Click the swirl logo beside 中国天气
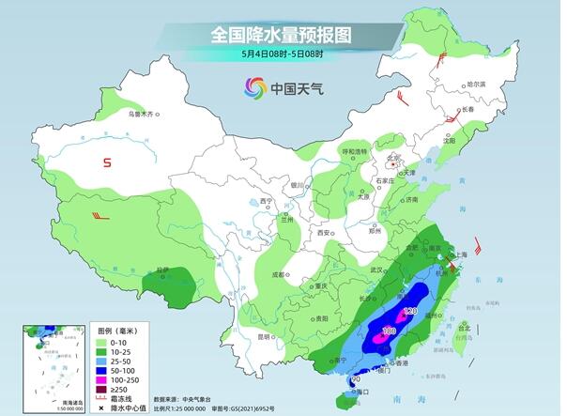tap(254, 87)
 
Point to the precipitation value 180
tap(388, 331)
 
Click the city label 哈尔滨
tap(477, 85)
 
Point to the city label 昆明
tap(265, 335)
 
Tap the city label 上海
tap(460, 254)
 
